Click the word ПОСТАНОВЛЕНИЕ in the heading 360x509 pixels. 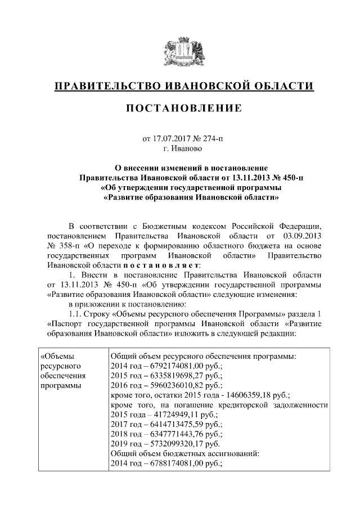(181, 108)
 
